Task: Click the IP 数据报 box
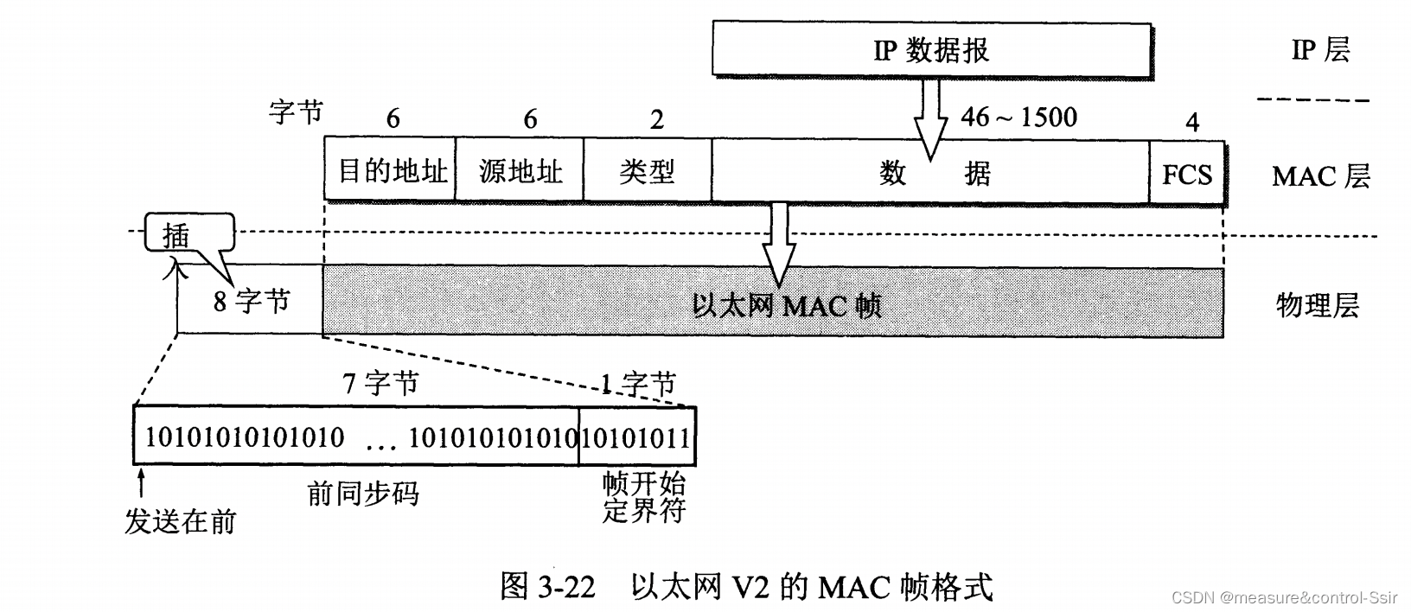(931, 50)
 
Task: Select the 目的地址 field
(390, 171)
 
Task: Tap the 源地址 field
(520, 171)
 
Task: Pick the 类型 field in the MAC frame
(648, 171)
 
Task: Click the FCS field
(1187, 174)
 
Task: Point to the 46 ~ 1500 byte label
(1019, 117)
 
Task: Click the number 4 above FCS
(1192, 123)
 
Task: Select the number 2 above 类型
(657, 120)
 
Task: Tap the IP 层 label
(1320, 50)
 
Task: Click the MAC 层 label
(1320, 176)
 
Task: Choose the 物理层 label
(1317, 305)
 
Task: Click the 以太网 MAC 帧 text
(787, 305)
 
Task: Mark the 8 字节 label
(252, 302)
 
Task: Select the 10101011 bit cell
(636, 437)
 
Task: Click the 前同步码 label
(363, 493)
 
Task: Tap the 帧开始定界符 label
(643, 496)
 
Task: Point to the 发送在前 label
(180, 520)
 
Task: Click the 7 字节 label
(380, 382)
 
